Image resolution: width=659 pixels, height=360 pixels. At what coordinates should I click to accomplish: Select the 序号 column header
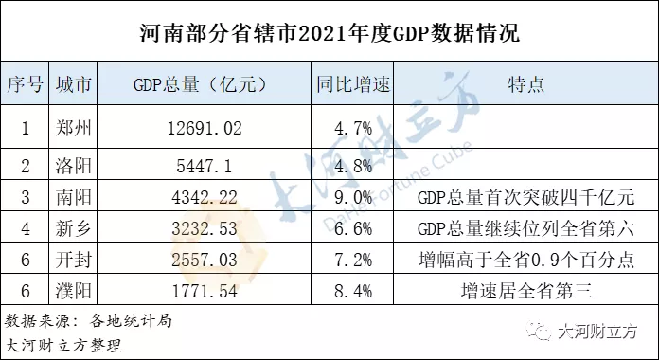tap(25, 85)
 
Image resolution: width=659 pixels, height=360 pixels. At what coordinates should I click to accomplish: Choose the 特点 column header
tap(525, 85)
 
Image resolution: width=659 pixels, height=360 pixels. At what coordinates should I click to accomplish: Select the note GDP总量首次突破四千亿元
tap(525, 199)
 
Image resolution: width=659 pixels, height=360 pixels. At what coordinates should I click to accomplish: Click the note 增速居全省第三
tap(525, 289)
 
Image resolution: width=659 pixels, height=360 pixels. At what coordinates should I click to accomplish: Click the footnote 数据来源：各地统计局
tap(88, 320)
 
